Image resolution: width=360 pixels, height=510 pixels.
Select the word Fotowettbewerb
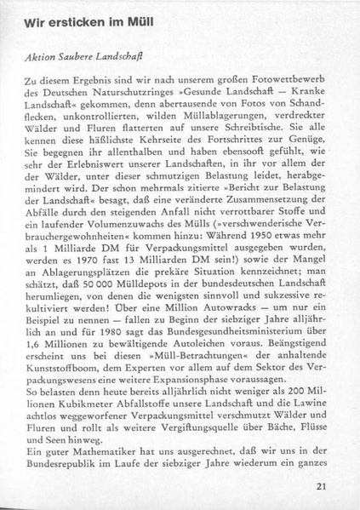(x=289, y=76)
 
